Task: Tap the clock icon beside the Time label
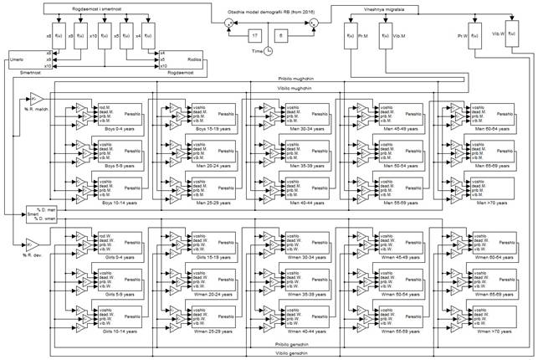pyautogui.click(x=268, y=51)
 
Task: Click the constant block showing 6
pyautogui.click(x=282, y=35)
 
